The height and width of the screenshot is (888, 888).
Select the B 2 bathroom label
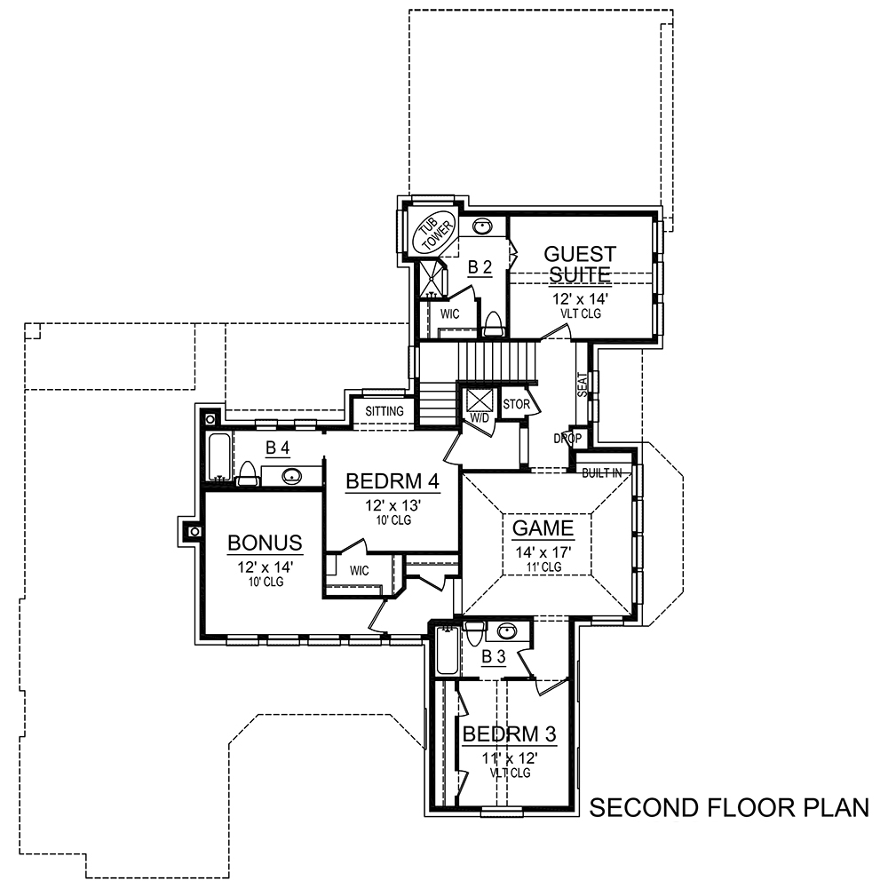click(480, 266)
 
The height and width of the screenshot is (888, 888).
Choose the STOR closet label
click(516, 405)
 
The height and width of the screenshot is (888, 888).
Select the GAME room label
click(543, 528)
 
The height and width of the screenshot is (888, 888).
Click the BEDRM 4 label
click(392, 481)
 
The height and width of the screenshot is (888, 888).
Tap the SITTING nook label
click(384, 411)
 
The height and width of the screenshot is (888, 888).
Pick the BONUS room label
click(266, 542)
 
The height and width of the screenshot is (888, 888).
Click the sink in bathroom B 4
click(291, 476)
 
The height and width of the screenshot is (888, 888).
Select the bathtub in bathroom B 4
click(218, 457)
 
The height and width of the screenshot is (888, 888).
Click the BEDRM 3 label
click(510, 734)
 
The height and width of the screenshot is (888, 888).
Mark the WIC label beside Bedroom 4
click(359, 569)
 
